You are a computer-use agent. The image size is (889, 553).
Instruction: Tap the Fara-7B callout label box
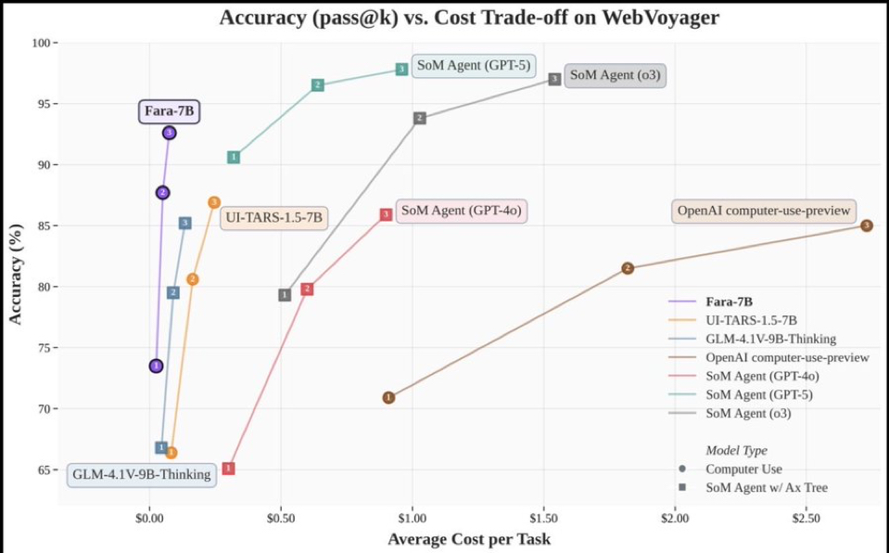[170, 111]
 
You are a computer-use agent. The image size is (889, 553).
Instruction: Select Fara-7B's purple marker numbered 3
[169, 133]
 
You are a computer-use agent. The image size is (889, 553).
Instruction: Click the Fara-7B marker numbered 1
[156, 366]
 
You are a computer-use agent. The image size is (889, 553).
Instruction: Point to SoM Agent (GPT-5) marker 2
[317, 85]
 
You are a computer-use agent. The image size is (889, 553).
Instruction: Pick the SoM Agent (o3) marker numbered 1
[285, 295]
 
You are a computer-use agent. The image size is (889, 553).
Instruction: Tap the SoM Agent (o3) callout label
[615, 75]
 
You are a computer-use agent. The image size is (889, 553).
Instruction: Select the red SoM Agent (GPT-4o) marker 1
[228, 469]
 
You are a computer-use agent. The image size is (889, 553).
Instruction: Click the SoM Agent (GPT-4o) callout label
[461, 211]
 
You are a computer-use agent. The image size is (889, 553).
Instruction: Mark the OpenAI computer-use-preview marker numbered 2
[628, 268]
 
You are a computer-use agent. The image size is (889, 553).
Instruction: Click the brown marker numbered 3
[866, 225]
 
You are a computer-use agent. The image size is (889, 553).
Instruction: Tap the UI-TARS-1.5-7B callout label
[273, 218]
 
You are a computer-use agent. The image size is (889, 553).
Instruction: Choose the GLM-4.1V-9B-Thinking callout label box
[141, 474]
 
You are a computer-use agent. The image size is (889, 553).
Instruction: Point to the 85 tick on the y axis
[44, 225]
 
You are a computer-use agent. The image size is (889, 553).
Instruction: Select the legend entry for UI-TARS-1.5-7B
[749, 320]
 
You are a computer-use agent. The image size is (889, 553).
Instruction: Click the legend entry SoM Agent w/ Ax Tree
[766, 487]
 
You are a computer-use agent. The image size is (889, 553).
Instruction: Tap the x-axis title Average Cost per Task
[468, 539]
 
